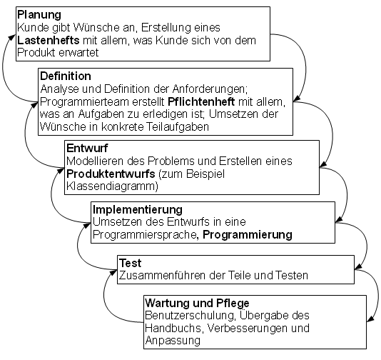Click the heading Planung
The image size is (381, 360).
click(x=39, y=15)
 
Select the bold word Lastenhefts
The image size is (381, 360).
click(x=49, y=40)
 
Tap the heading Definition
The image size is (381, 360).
click(x=66, y=76)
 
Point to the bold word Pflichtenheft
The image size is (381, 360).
click(x=201, y=101)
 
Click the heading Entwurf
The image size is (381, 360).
click(x=87, y=148)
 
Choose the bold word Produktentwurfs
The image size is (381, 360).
click(x=111, y=174)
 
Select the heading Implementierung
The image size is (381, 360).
click(x=138, y=209)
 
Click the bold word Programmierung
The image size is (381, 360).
click(x=248, y=235)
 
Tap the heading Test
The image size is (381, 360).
click(x=131, y=263)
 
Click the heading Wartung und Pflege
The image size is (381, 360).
click(x=198, y=303)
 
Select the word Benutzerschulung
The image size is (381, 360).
click(x=190, y=316)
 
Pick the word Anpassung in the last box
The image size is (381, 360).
click(x=173, y=341)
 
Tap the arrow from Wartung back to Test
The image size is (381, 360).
click(x=104, y=296)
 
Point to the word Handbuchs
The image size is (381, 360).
click(x=173, y=329)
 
